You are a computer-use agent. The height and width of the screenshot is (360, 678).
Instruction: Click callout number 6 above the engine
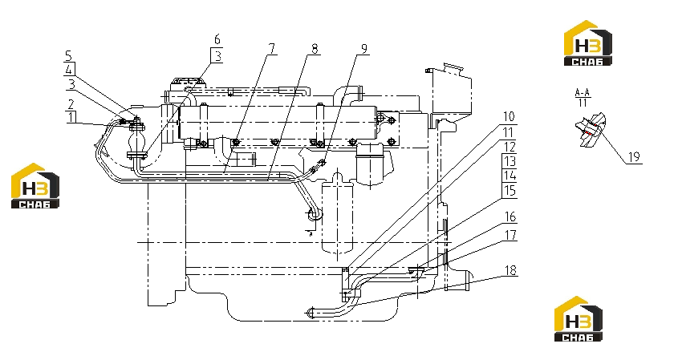coord(217,39)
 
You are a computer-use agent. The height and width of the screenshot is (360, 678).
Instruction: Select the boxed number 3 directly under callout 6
coord(217,55)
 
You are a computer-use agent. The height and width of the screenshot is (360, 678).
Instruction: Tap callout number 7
coord(271,49)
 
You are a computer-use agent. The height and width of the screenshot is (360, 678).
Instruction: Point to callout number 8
coord(315,49)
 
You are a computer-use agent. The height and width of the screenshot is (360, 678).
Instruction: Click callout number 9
coord(364,49)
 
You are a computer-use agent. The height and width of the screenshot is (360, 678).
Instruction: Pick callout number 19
coord(634,157)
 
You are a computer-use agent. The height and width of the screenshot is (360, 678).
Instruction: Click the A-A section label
coord(583,92)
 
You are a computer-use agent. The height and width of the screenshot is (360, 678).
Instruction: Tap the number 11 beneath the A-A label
coord(583,103)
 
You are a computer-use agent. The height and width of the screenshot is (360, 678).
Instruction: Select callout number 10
coord(509,117)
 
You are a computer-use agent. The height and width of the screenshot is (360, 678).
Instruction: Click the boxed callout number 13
coord(510,161)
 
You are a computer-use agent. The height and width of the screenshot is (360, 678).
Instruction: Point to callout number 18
coord(510,270)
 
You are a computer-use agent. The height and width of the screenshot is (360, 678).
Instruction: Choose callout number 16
coord(510,216)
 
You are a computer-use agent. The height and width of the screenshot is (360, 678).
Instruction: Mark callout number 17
coord(510,235)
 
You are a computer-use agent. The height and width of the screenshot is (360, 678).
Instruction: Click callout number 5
coord(69,55)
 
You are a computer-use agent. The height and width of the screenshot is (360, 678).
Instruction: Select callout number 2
coord(71,103)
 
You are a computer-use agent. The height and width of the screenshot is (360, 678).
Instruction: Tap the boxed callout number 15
coord(510,190)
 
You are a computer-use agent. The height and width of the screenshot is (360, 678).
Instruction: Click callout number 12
coord(510,147)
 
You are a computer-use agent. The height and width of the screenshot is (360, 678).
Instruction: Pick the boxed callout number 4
coord(69,70)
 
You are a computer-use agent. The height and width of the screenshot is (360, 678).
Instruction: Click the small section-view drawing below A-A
coord(591,129)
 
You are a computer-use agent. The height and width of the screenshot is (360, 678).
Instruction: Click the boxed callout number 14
coord(510,176)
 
